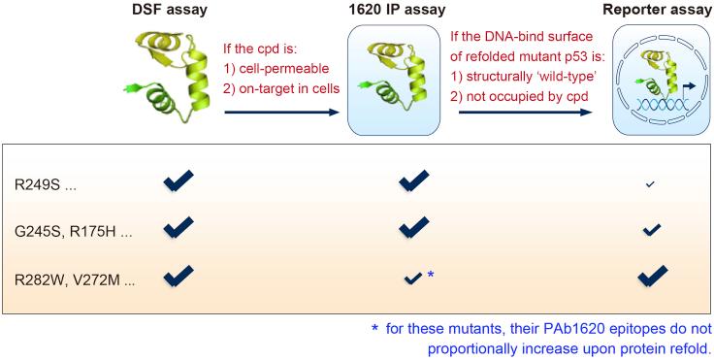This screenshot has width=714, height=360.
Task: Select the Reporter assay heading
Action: click(650, 10)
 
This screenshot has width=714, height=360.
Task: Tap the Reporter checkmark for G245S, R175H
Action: click(651, 229)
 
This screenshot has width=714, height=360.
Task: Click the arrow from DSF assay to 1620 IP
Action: click(282, 113)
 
